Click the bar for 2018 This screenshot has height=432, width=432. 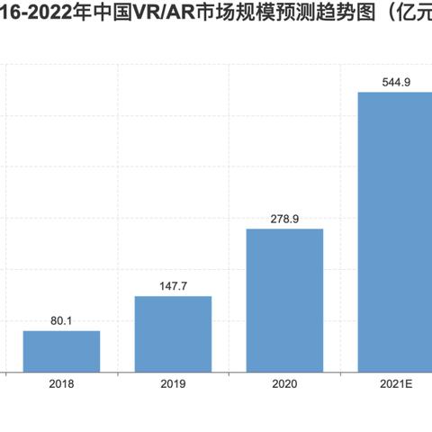coord(61,351)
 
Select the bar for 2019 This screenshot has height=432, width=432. coord(173,333)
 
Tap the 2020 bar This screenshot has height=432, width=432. coord(284,300)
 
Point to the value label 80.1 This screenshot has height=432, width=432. coord(61,319)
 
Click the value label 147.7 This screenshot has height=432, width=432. coord(173,284)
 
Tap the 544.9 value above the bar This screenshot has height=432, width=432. coord(397,81)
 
